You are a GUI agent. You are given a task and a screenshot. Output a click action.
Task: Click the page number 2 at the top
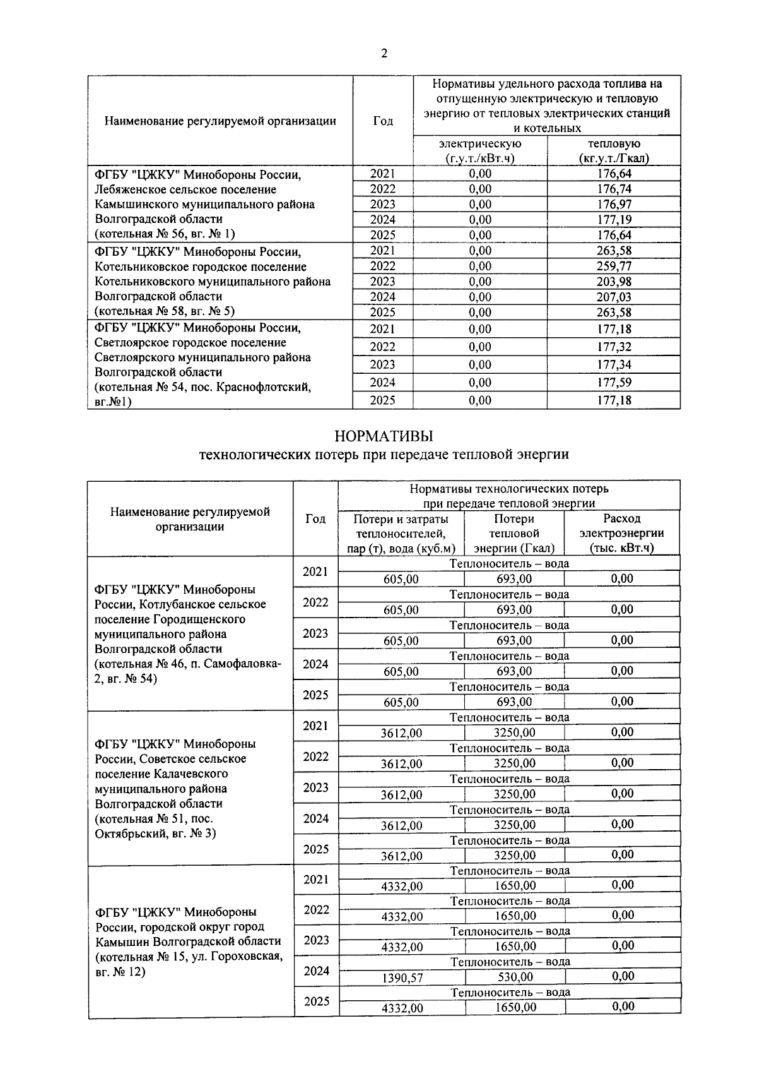click(384, 54)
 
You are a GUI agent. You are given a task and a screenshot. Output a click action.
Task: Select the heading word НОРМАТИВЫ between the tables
click(384, 436)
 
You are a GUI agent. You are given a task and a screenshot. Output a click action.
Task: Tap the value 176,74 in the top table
click(614, 189)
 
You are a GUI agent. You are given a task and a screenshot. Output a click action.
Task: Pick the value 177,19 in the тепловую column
click(614, 220)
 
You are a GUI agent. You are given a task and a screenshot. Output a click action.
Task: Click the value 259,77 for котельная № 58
click(614, 266)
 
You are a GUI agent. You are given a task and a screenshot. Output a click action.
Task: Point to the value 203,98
click(614, 282)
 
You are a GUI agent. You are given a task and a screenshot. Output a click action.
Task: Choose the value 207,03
click(614, 297)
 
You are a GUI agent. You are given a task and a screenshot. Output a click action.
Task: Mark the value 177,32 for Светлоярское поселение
click(614, 347)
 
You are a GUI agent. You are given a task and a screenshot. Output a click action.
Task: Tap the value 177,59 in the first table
click(614, 382)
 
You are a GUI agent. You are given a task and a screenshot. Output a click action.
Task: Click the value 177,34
click(614, 364)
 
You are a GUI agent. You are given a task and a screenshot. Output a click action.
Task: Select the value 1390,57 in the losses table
click(402, 978)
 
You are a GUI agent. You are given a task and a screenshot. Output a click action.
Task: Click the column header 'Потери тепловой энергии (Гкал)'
click(514, 534)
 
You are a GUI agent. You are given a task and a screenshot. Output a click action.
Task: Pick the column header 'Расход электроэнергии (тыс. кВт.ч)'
click(622, 534)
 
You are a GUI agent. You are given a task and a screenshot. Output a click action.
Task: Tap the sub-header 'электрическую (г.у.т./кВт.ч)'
click(480, 151)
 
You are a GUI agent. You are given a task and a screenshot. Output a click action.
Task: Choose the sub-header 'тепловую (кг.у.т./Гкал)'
click(614, 151)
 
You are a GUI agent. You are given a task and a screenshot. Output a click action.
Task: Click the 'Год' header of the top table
click(383, 121)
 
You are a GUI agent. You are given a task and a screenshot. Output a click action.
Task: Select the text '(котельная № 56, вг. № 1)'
click(164, 234)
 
